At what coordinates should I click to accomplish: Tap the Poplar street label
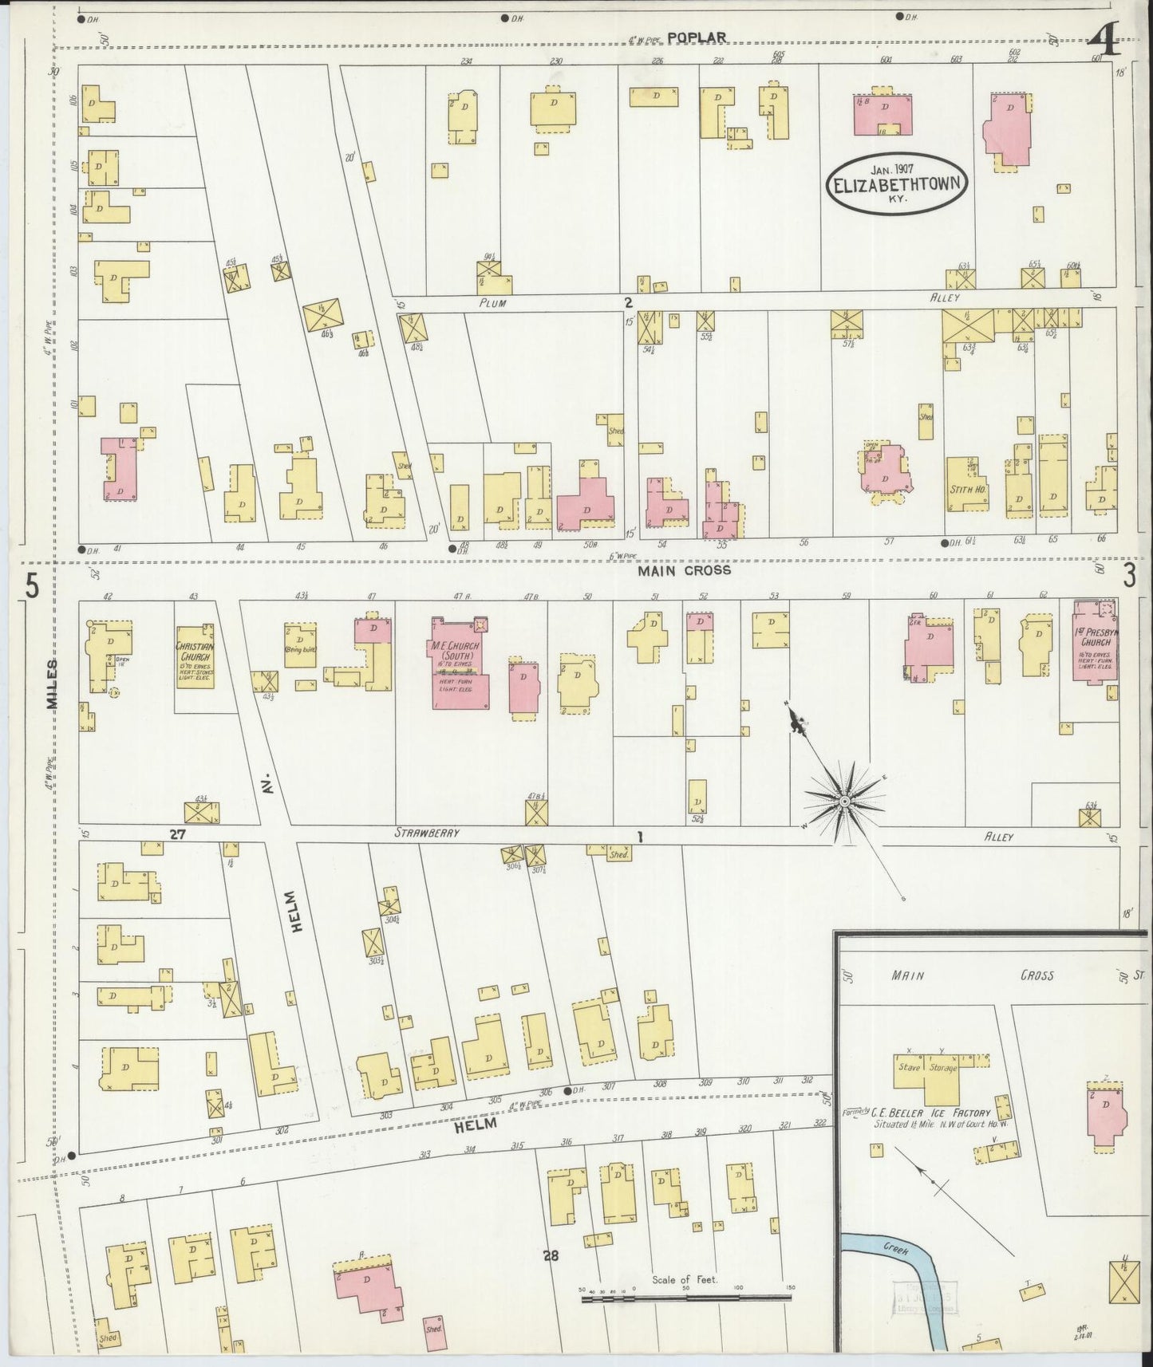click(x=697, y=37)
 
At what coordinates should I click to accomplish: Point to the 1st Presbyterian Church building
click(x=1095, y=649)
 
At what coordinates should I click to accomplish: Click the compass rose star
click(x=844, y=799)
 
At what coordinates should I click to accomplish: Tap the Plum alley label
click(x=494, y=303)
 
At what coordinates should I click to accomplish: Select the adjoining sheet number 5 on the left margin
click(x=32, y=587)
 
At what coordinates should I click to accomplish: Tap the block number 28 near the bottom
click(x=551, y=1255)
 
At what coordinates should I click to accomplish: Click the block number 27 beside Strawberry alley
click(x=177, y=833)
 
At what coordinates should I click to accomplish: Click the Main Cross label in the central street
click(x=684, y=570)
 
